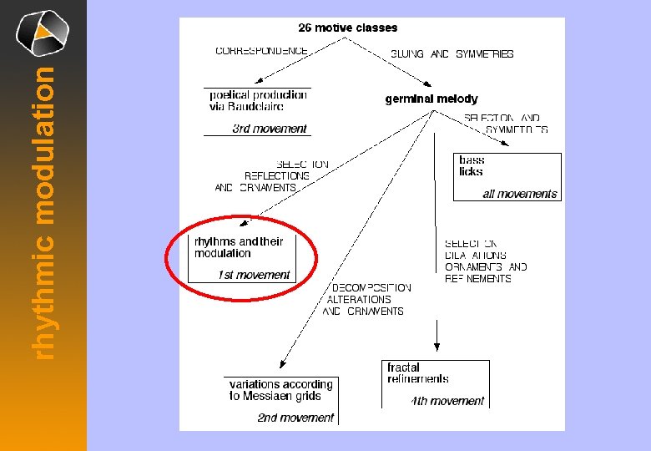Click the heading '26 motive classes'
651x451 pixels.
tap(348, 28)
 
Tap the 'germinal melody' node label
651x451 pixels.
tap(431, 99)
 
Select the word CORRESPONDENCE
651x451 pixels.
tap(261, 51)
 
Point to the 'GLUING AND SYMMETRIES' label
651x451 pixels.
tap(452, 53)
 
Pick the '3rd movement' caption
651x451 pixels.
tap(270, 129)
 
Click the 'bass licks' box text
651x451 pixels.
tap(472, 165)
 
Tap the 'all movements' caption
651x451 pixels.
tap(519, 194)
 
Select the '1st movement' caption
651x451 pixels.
tap(254, 275)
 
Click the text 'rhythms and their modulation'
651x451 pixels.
tap(239, 247)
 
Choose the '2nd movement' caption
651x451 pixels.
tap(295, 418)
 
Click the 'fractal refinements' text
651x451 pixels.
tap(418, 372)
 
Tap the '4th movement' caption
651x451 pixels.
tap(448, 401)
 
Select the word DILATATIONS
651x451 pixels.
tap(476, 256)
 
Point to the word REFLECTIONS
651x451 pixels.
tap(277, 176)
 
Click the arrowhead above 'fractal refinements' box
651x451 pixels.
tap(437, 346)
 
